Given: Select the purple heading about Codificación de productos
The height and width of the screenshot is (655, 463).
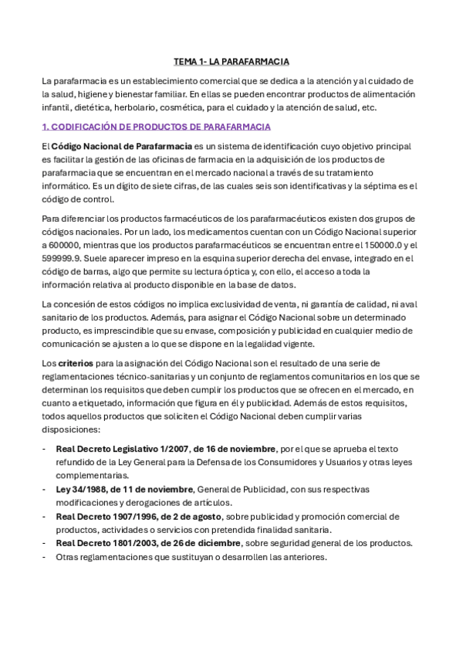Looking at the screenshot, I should point(156,127).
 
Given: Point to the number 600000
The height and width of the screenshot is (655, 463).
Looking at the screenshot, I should point(68,244).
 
